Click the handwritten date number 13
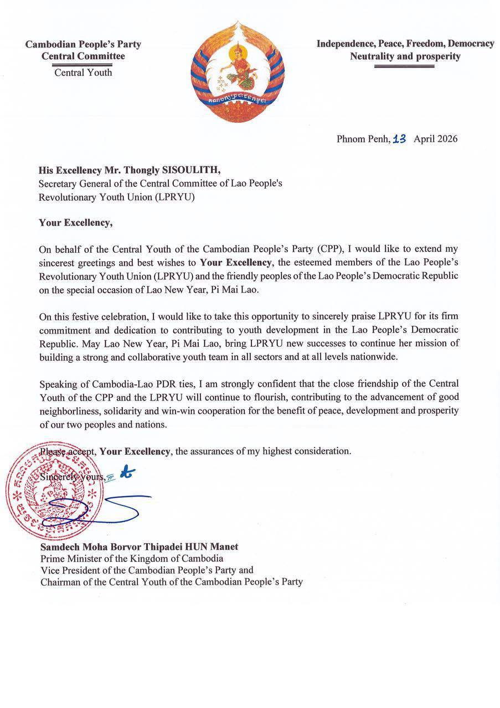pos(399,139)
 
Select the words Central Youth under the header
pos(83,72)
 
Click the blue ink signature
pos(94,506)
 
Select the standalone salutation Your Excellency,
pos(75,223)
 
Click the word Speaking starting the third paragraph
pos(59,384)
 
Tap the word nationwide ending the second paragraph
pos(374,357)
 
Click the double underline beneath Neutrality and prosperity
pos(404,66)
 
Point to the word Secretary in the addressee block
pos(58,184)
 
